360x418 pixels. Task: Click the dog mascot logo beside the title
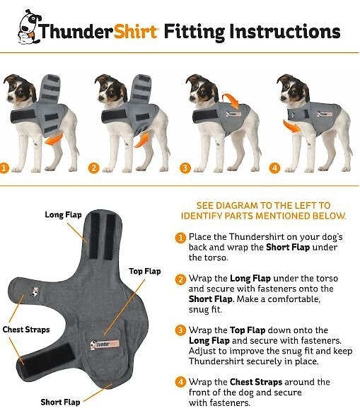29,27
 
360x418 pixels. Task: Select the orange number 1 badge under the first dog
4,168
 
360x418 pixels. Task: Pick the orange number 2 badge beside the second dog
93,168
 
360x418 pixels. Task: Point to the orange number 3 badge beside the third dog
185,168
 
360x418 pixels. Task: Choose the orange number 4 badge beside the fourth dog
274,168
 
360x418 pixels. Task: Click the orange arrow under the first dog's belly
54,140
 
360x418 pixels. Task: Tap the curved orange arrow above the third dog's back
231,100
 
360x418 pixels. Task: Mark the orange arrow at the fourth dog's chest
291,127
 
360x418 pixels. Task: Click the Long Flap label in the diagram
63,214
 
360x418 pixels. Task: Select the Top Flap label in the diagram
145,271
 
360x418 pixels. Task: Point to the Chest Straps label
26,330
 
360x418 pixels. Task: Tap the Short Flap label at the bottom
60,402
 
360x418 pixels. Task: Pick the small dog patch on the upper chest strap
35,291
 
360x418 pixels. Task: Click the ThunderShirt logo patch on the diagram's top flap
105,344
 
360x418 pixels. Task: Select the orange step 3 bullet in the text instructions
180,330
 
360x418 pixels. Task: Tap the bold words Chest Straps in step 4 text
256,382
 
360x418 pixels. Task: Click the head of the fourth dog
294,89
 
